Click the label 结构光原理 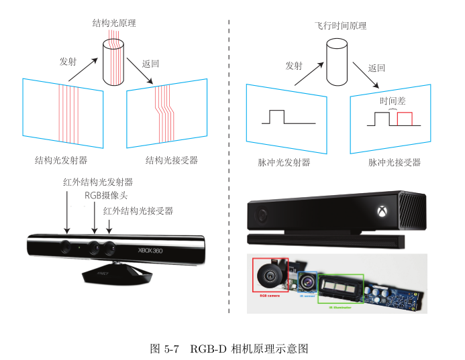click(x=114, y=23)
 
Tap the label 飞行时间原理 click(x=341, y=26)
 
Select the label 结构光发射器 click(x=61, y=161)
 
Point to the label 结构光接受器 click(x=172, y=161)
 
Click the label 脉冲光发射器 click(x=284, y=162)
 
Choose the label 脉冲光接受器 click(x=395, y=162)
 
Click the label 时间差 click(x=393, y=101)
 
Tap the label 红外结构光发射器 click(x=98, y=182)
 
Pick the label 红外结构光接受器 click(x=138, y=211)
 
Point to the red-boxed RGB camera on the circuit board click(x=270, y=275)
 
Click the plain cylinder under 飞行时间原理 click(x=336, y=62)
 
